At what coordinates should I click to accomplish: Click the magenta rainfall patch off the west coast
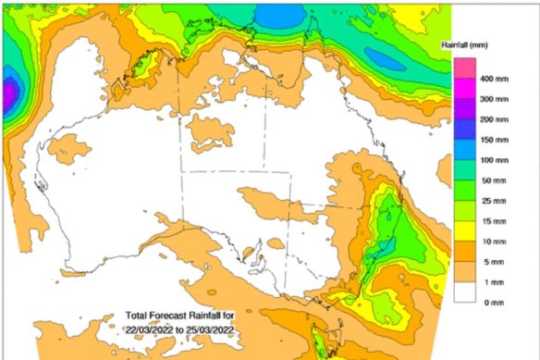pos(9,94)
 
